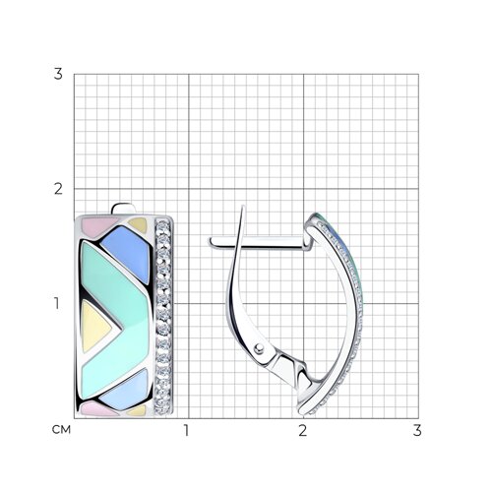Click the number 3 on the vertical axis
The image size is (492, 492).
tap(58, 74)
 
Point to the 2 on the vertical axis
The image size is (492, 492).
tap(58, 189)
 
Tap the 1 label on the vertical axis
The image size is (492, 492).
tap(57, 303)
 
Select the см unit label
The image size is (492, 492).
tap(61, 430)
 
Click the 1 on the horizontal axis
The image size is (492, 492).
tap(186, 430)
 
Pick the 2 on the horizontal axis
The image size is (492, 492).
tap(302, 430)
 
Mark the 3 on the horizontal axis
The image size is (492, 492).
tap(417, 430)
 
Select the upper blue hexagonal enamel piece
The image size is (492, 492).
tap(126, 254)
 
